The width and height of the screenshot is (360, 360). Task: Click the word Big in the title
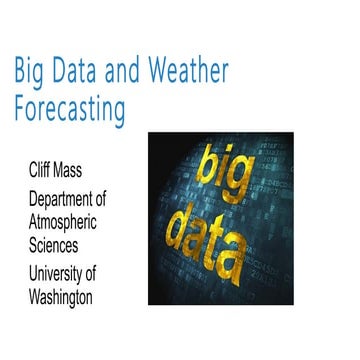30,72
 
